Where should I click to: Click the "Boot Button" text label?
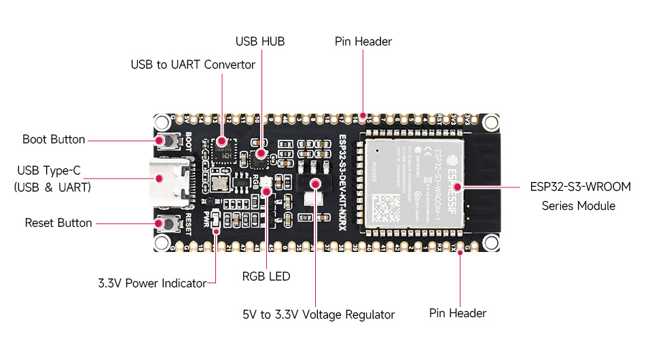tap(54, 139)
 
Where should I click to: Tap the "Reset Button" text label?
tap(58, 223)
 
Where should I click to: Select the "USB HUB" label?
tap(260, 41)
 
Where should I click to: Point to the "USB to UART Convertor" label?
tap(193, 65)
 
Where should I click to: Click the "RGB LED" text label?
tap(266, 276)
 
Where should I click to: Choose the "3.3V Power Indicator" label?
tap(151, 283)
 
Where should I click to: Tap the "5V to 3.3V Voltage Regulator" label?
tap(319, 314)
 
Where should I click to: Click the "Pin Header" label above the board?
tap(363, 41)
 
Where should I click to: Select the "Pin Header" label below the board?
tap(458, 313)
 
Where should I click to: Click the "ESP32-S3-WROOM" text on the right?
tap(581, 186)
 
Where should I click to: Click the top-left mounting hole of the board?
tap(162, 122)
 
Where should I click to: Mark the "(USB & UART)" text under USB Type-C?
tap(52, 187)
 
